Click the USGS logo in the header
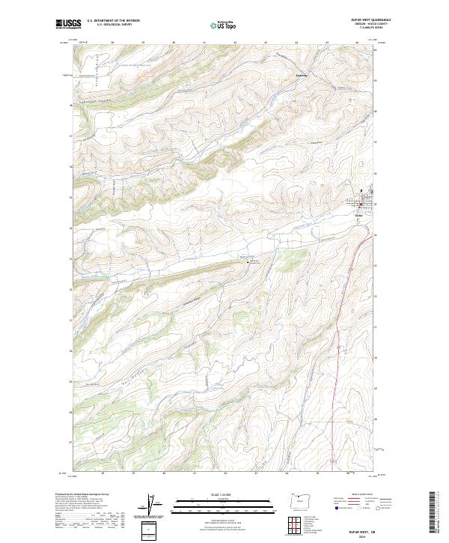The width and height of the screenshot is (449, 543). pos(69,24)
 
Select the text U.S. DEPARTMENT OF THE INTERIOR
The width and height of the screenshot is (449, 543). pos(113,21)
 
